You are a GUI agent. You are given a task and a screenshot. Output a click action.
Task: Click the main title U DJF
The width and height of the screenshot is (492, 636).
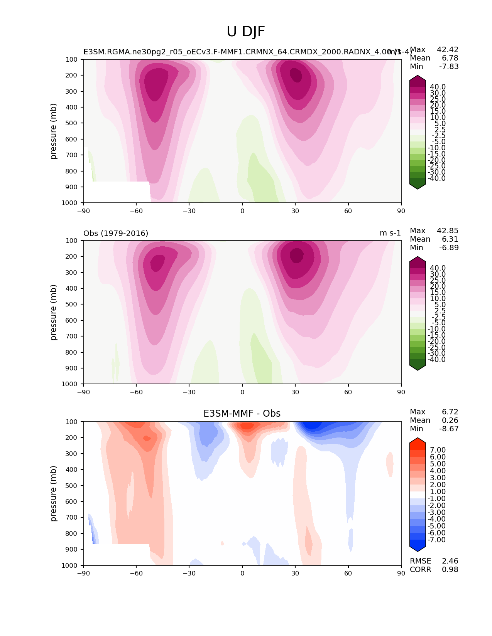(246, 32)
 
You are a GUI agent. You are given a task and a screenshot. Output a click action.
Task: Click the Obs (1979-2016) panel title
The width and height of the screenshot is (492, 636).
(116, 233)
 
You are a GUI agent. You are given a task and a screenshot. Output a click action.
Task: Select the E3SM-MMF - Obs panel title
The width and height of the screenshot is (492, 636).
(242, 414)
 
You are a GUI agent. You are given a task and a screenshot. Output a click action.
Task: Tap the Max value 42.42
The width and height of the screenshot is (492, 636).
(448, 50)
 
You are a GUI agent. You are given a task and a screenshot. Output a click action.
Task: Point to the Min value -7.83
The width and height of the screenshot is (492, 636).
(449, 67)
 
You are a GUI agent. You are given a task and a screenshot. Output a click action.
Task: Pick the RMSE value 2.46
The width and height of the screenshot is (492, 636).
(450, 561)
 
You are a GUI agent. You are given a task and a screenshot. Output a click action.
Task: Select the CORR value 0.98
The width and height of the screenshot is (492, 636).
(450, 570)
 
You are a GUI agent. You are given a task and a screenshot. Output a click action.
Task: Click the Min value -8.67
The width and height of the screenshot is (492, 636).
(449, 429)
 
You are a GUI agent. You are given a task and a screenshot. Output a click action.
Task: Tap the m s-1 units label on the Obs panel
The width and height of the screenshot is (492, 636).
(390, 233)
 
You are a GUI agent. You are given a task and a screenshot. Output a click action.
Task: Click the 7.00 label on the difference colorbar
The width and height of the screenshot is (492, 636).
(438, 450)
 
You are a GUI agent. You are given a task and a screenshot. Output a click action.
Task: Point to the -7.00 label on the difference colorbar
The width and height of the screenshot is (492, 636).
(437, 540)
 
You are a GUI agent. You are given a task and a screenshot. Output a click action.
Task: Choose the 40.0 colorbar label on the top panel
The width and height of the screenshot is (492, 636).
(438, 87)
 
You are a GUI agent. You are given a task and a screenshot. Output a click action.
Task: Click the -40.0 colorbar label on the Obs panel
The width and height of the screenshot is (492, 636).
(437, 360)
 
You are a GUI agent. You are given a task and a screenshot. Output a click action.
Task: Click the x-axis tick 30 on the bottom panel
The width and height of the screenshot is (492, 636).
(295, 573)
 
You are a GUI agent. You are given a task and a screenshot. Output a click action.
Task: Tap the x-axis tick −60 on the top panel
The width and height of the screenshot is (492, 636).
(136, 211)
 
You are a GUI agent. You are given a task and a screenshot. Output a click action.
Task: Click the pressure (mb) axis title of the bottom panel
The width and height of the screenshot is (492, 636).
(54, 493)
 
